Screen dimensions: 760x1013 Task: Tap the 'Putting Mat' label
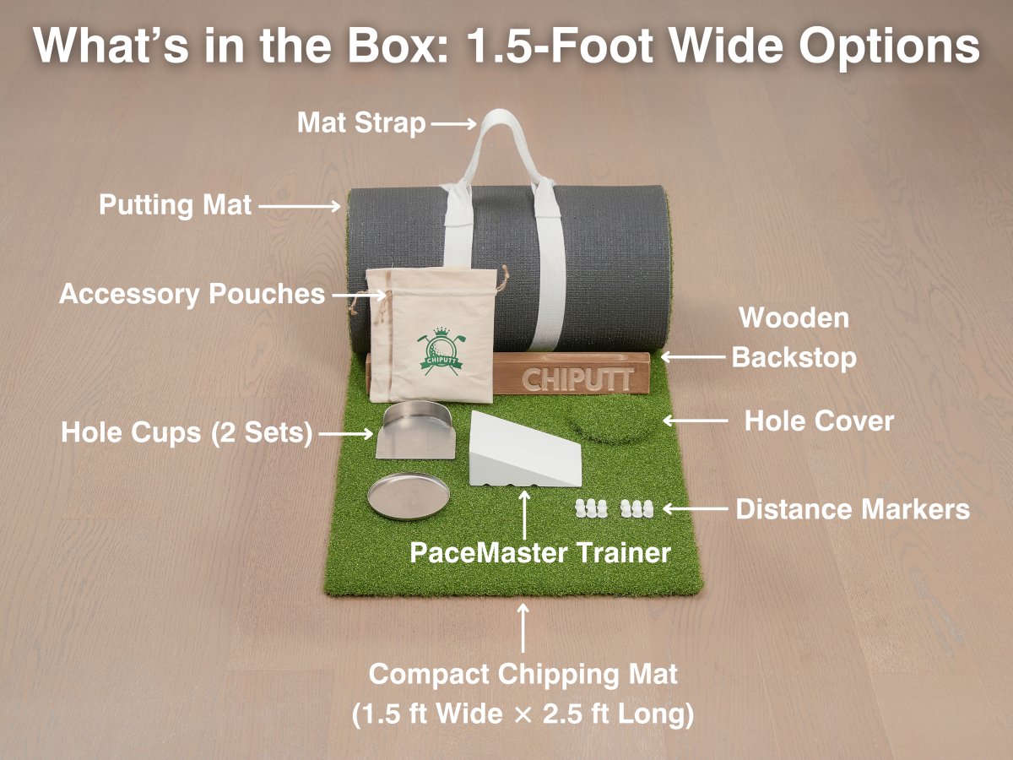(176, 205)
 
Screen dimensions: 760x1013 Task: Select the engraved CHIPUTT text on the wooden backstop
(577, 378)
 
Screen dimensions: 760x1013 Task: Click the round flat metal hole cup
(407, 497)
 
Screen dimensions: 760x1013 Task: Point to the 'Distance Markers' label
(853, 509)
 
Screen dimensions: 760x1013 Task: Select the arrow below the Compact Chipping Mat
(524, 627)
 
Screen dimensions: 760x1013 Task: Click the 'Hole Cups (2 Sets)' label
(187, 434)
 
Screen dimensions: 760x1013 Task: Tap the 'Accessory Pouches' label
(192, 294)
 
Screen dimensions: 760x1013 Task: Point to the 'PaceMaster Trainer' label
(539, 553)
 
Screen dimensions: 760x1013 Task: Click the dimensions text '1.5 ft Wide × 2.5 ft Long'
(523, 714)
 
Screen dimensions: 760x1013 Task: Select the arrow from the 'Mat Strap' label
(455, 124)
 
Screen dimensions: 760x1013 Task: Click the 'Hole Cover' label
(818, 421)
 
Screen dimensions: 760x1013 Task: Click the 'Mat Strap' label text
(361, 123)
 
